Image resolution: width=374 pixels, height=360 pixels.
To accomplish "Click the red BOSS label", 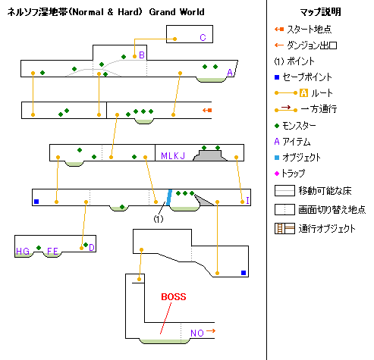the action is [x=174, y=296].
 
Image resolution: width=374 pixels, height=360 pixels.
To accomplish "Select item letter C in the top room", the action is [x=203, y=38].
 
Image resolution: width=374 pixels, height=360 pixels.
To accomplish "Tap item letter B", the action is [x=142, y=55].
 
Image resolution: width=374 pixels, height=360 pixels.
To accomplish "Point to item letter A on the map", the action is [x=230, y=73].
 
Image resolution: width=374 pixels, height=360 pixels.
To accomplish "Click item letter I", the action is [x=247, y=200].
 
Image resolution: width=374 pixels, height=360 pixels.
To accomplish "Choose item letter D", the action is [x=92, y=248].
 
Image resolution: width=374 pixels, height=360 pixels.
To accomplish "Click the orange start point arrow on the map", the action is [x=207, y=110].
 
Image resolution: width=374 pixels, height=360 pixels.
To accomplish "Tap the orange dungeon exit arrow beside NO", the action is [x=211, y=331].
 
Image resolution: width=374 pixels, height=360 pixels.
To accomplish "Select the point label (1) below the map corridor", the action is [x=159, y=219].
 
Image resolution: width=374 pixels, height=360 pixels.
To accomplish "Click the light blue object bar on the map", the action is [x=169, y=198].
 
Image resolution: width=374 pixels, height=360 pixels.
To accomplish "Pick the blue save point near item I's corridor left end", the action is [x=36, y=202].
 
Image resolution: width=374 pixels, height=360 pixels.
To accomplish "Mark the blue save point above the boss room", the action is [x=244, y=273].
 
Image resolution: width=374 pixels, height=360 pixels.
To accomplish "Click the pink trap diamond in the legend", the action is [x=277, y=174].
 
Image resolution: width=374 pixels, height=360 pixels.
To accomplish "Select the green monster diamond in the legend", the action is [x=277, y=126].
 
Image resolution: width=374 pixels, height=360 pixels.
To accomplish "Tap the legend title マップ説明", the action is [x=320, y=12].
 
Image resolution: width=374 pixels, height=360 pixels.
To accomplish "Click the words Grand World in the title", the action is [x=177, y=12].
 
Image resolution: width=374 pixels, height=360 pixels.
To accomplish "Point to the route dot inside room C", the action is [x=174, y=39].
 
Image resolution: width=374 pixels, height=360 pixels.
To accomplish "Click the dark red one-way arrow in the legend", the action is [x=286, y=108].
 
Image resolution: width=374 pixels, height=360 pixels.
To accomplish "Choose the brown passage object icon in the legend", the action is [x=284, y=228].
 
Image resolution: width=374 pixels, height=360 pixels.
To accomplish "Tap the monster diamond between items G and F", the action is [x=39, y=248].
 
